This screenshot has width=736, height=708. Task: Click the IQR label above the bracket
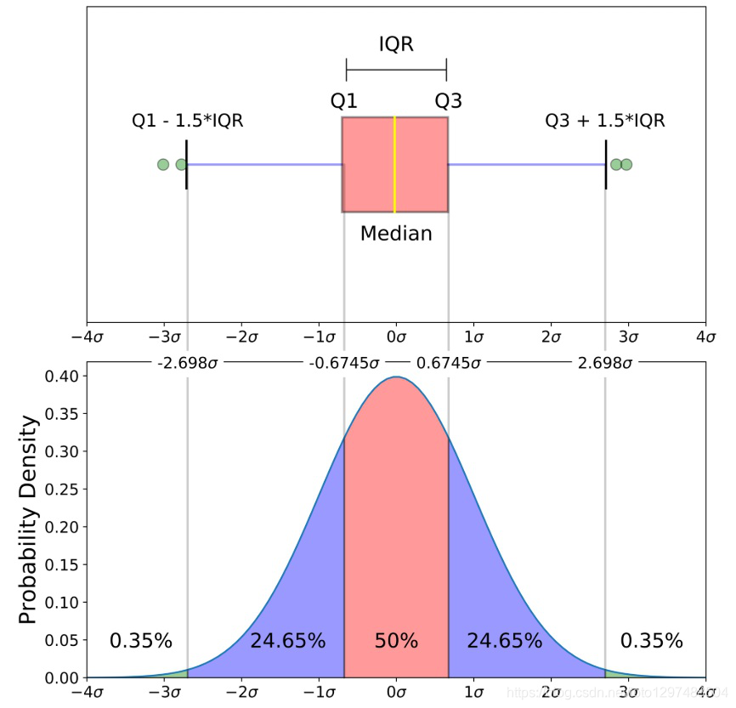pyautogui.click(x=396, y=44)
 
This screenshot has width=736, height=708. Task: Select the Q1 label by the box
pyautogui.click(x=343, y=101)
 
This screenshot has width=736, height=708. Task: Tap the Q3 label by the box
pyautogui.click(x=449, y=101)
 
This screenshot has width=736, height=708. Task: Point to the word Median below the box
pyautogui.click(x=396, y=233)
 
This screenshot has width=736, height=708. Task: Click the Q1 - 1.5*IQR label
pyautogui.click(x=187, y=122)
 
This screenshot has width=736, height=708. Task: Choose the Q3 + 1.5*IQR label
pyautogui.click(x=604, y=122)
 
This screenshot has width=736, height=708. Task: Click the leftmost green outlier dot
pyautogui.click(x=163, y=164)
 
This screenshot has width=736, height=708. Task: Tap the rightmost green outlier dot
pyautogui.click(x=626, y=164)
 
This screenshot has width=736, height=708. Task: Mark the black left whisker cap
pyautogui.click(x=186, y=164)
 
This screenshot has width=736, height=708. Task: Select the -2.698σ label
pyautogui.click(x=188, y=363)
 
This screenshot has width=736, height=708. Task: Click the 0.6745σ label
pyautogui.click(x=448, y=363)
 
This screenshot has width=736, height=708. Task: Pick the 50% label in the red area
pyautogui.click(x=396, y=641)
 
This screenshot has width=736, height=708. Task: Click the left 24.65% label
pyautogui.click(x=287, y=641)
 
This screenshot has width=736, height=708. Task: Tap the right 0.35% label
pyautogui.click(x=651, y=641)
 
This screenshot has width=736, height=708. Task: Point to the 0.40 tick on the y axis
pyautogui.click(x=63, y=376)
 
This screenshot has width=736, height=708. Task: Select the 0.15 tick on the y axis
pyautogui.click(x=63, y=565)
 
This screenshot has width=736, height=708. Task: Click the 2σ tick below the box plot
pyautogui.click(x=550, y=338)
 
